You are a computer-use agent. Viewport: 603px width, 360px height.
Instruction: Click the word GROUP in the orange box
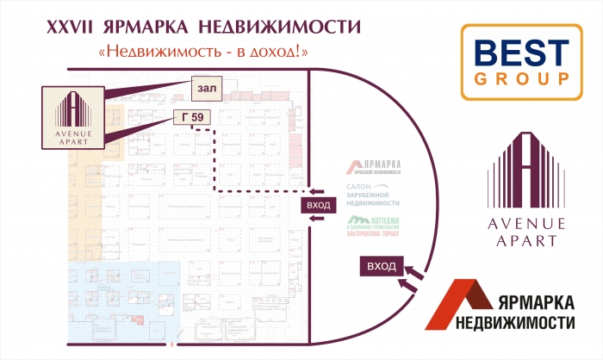click(516, 78)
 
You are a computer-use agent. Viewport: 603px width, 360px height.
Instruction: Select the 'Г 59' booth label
click(193, 117)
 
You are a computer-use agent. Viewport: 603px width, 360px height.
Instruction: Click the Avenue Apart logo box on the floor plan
click(72, 116)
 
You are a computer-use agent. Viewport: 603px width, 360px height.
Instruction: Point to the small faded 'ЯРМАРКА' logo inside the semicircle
click(374, 166)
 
